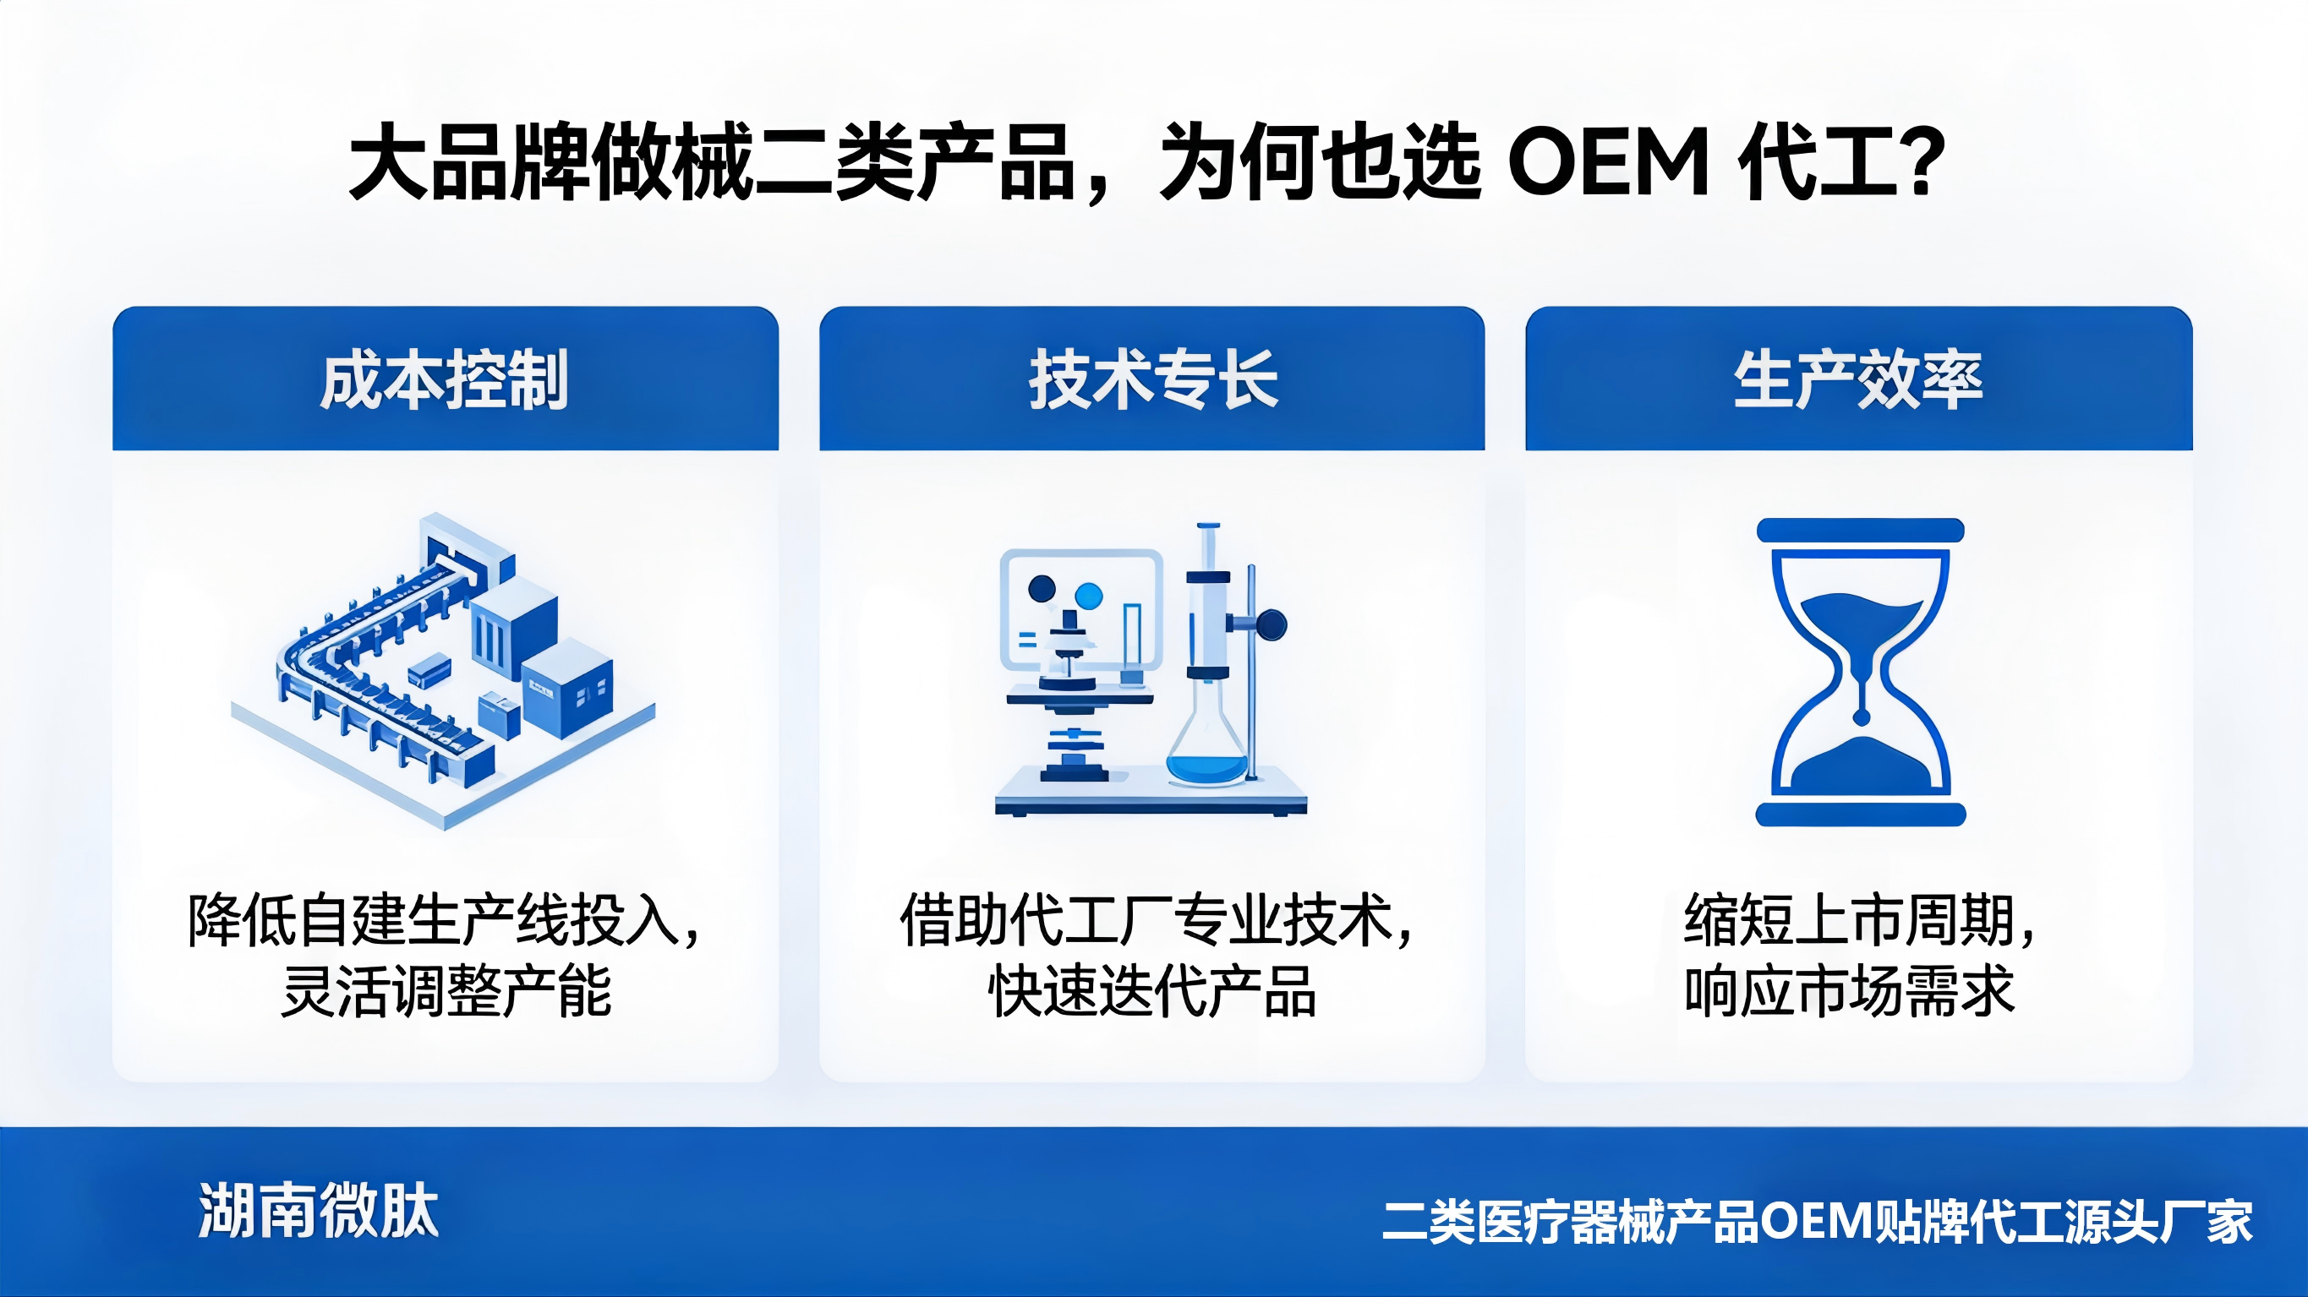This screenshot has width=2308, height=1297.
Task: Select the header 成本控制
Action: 445,379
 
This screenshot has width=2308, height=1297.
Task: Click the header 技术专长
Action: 1153,379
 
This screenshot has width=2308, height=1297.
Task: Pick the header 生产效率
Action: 1858,379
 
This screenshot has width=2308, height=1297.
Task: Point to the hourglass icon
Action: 1860,672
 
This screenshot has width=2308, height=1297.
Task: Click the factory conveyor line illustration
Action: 444,672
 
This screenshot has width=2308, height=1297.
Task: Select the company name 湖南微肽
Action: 319,1211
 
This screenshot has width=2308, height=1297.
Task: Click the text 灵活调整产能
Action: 446,993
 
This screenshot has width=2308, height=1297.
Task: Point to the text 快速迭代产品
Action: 1152,993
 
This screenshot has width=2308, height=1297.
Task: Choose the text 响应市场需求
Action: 1849,993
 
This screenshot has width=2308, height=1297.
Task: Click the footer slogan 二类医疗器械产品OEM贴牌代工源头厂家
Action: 1817,1222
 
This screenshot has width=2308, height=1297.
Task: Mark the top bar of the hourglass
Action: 1860,531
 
